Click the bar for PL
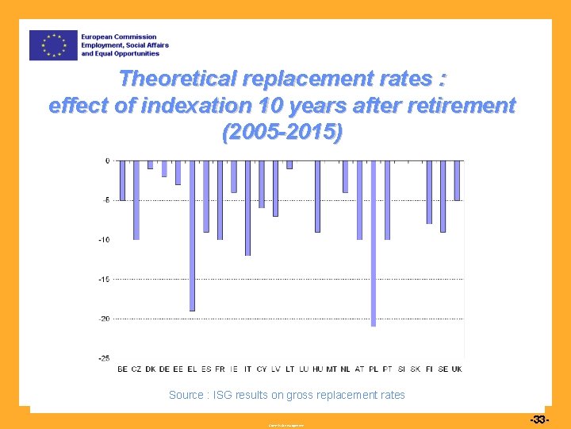pyautogui.click(x=374, y=243)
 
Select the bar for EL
pyautogui.click(x=192, y=235)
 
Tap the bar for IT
pyautogui.click(x=247, y=207)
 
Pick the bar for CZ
pyautogui.click(x=136, y=199)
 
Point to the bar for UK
pyautogui.click(x=457, y=180)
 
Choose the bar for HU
pyautogui.click(x=317, y=196)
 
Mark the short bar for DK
pyautogui.click(x=150, y=164)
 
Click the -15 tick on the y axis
pyautogui.click(x=104, y=279)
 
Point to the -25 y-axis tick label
pyautogui.click(x=104, y=358)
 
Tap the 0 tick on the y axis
pyautogui.click(x=107, y=160)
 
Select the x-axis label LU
pyautogui.click(x=304, y=369)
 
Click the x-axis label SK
pyautogui.click(x=416, y=369)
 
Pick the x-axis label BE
pyautogui.click(x=122, y=369)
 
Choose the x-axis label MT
pyautogui.click(x=331, y=369)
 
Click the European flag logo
pyautogui.click(x=53, y=45)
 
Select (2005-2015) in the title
pyautogui.click(x=283, y=133)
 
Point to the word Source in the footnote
pyautogui.click(x=186, y=395)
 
